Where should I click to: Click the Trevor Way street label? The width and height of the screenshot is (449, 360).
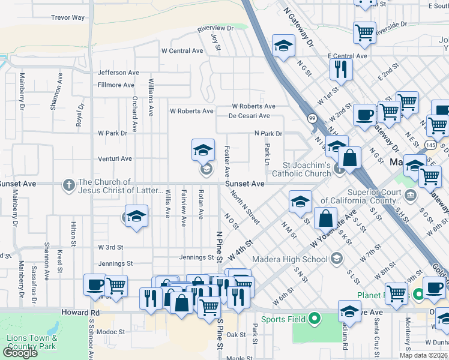coord(68,17)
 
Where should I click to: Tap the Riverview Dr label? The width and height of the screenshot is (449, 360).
coord(215,28)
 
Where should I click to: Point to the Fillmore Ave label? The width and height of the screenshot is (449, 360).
coord(116,85)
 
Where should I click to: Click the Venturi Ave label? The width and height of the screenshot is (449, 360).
coord(115,158)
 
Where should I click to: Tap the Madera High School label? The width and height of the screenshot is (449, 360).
coord(294,258)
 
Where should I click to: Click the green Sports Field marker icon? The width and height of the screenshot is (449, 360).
coord(313,319)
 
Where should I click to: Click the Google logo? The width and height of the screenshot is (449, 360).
coord(20,353)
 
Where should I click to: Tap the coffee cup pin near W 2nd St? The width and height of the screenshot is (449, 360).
coord(364,114)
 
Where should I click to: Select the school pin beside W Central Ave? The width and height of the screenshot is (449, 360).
coord(283,46)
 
